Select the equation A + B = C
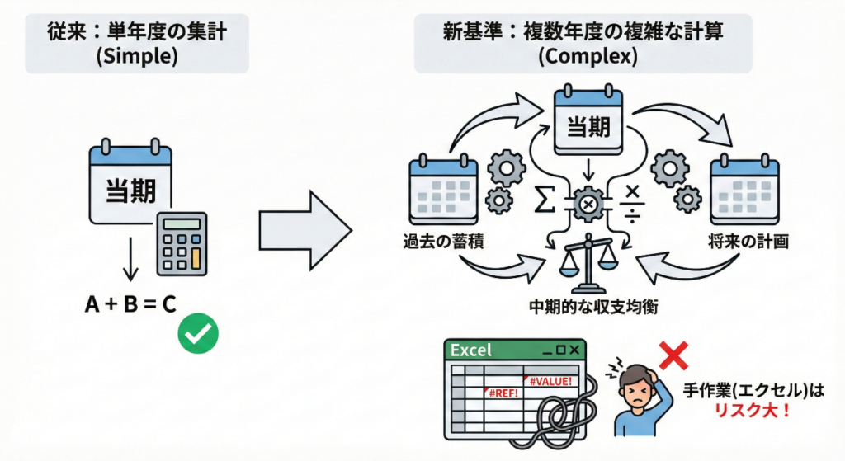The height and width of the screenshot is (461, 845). point(130,305)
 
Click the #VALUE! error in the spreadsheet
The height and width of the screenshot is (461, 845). point(550,380)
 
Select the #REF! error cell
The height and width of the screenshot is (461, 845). point(503,393)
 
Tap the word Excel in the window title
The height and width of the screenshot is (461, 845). point(470,350)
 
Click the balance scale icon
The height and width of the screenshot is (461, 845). point(588,264)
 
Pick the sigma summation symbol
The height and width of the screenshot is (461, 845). point(543,200)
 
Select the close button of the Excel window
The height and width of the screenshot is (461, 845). point(573,350)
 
